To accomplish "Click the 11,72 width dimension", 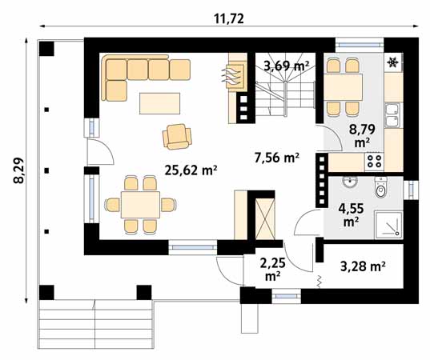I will (x=230, y=15).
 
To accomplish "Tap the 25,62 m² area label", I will (x=191, y=170).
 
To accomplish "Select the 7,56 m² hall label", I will (x=276, y=158).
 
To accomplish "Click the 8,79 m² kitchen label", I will (x=361, y=134).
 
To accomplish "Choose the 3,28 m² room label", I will (x=364, y=265).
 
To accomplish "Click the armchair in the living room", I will (x=177, y=137).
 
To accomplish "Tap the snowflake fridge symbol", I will (x=393, y=63).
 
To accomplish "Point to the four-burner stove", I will (x=374, y=160).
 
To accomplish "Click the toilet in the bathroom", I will (x=381, y=189).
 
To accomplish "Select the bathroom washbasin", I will (x=350, y=184).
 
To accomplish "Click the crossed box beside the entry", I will (x=263, y=215).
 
